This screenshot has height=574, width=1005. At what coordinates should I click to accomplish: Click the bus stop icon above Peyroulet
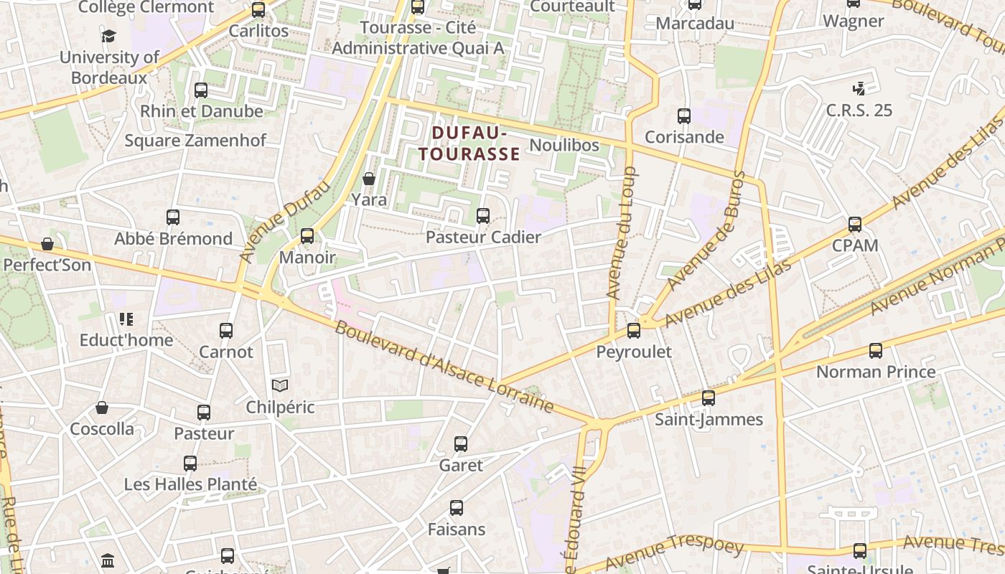(x=634, y=331)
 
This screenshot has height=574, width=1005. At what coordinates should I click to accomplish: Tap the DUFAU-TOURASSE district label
(x=469, y=143)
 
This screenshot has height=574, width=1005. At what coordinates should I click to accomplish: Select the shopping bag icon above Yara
(x=369, y=179)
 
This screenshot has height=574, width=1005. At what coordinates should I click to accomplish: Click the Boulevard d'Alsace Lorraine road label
(x=444, y=368)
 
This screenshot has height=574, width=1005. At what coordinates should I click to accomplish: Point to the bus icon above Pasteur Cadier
(x=483, y=216)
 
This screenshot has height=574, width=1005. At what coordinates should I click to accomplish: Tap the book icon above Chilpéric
(x=280, y=386)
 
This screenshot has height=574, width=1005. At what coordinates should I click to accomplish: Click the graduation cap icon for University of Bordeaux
(x=108, y=36)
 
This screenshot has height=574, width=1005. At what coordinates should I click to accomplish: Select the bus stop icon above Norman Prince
(x=876, y=351)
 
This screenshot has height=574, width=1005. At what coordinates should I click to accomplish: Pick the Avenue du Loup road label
(x=622, y=233)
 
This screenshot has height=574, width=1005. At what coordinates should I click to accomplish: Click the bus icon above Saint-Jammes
(x=709, y=398)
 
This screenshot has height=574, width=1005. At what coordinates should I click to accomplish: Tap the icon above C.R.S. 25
(x=859, y=89)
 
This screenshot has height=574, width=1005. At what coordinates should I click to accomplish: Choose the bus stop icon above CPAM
(x=855, y=225)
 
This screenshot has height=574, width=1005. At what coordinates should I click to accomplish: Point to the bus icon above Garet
(x=461, y=445)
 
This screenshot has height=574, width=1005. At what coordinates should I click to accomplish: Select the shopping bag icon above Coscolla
(x=102, y=408)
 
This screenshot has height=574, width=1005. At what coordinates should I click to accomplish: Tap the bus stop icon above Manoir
(x=307, y=236)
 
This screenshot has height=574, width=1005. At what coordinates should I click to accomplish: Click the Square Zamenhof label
(x=195, y=141)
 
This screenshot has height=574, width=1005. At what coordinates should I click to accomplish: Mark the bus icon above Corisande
(x=684, y=116)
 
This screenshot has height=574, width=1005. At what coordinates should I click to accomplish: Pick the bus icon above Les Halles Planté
(x=190, y=464)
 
